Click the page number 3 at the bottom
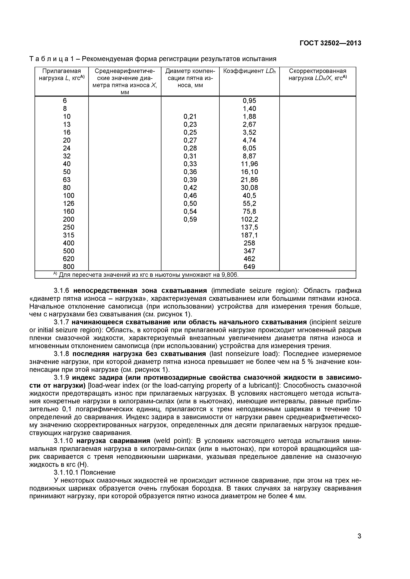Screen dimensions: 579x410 tap(359, 543)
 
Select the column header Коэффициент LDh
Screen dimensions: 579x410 tap(249, 71)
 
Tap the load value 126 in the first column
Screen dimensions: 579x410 tap(68, 204)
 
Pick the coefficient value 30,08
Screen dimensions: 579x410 tap(249, 188)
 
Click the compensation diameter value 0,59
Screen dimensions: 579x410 tap(190, 219)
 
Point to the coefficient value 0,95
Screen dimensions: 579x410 tap(249, 101)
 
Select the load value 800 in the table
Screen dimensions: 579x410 tap(68, 267)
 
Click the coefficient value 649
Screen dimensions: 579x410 tap(249, 267)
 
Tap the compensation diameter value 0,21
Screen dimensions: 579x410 tap(190, 117)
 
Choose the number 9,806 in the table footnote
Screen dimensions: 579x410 tap(230, 275)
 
